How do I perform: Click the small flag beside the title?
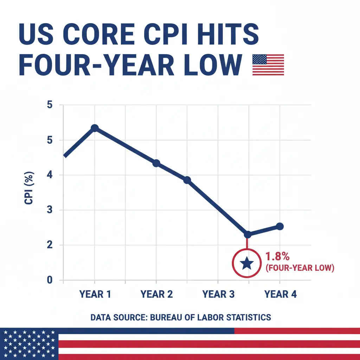click(268, 65)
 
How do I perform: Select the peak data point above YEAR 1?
click(94, 128)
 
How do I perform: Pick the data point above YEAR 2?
click(156, 163)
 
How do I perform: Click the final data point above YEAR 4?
click(280, 226)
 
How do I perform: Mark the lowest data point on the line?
click(247, 234)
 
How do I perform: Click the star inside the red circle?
click(247, 262)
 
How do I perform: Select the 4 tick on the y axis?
click(49, 175)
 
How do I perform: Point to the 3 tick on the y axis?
click(49, 210)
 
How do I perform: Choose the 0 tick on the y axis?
click(49, 280)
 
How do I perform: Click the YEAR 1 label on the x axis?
click(95, 294)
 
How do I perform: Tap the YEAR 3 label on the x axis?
click(218, 294)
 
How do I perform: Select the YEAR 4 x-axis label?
click(280, 294)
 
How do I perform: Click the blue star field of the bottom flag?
click(29, 344)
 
